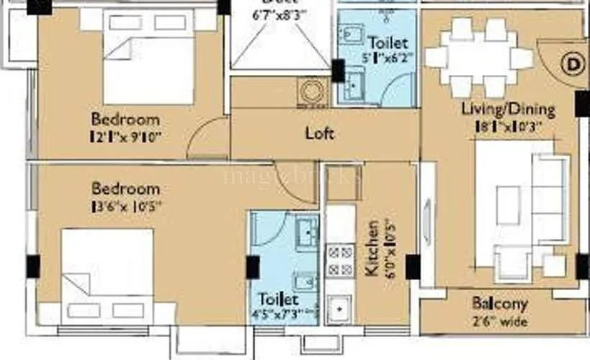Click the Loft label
[320, 133]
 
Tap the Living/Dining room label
[508, 110]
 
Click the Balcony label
[500, 304]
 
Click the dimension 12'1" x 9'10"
[125, 135]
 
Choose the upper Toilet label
[388, 43]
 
